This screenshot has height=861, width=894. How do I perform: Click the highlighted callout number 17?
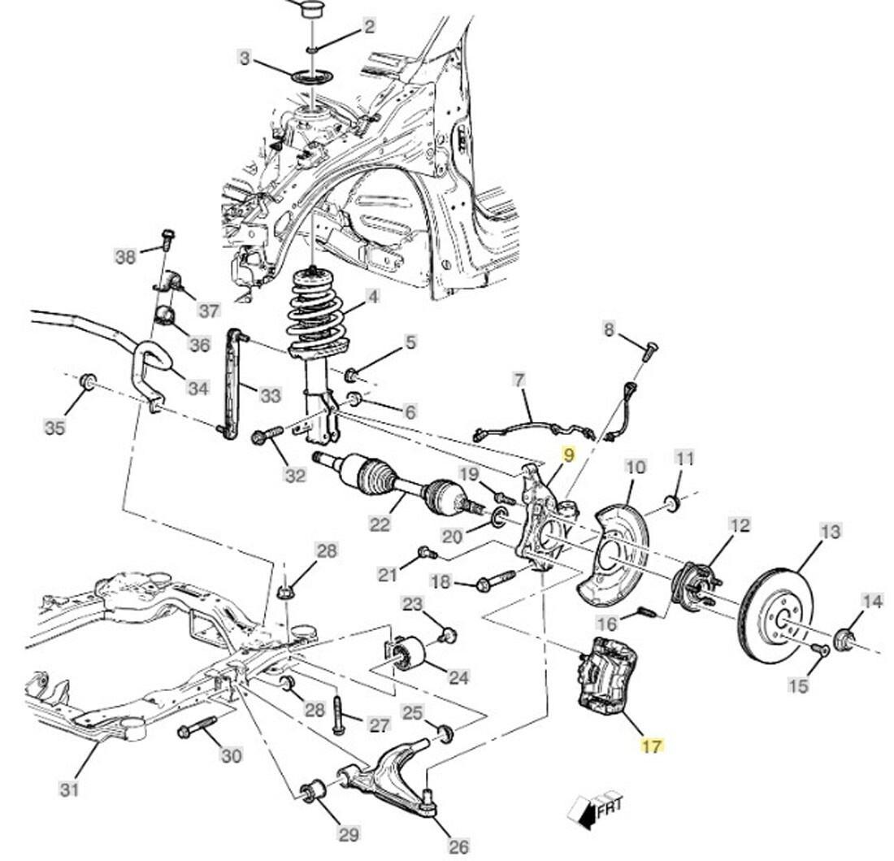point(652,745)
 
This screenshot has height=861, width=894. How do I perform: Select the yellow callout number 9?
point(568,454)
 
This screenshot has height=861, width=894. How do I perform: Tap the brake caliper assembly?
point(610,675)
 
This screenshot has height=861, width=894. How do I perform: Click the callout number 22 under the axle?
point(380,524)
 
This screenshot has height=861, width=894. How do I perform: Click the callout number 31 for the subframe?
point(70,788)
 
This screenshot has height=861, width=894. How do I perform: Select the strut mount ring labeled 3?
point(313,77)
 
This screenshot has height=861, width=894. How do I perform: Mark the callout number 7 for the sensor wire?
point(519,380)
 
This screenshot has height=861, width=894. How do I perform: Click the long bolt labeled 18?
point(491,582)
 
